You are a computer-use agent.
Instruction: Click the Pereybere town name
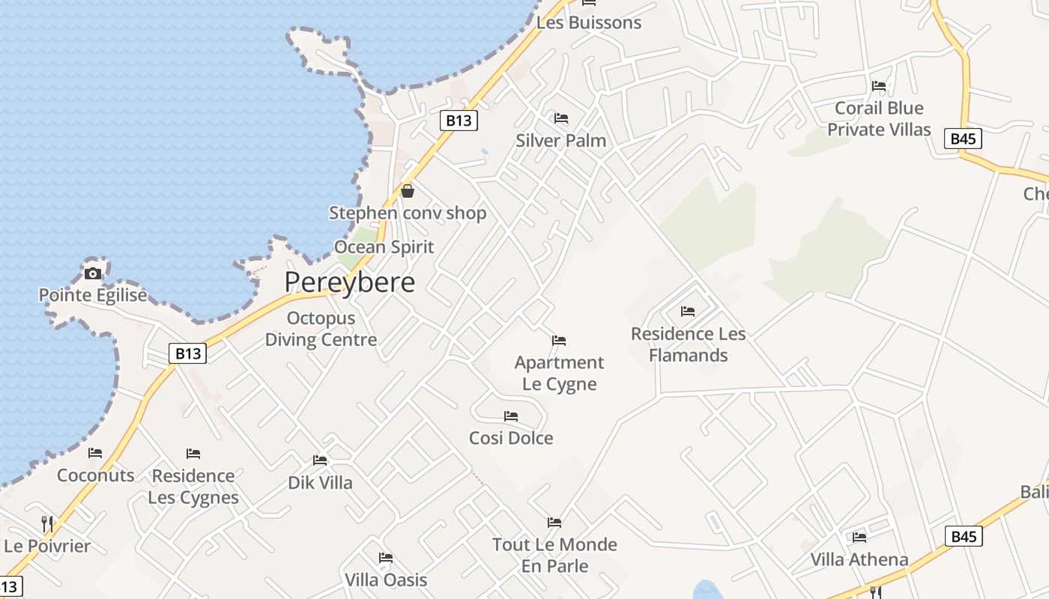349,282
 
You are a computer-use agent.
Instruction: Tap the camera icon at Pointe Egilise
93,273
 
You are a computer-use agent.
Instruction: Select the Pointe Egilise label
93,295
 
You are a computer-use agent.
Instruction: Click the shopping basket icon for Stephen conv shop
408,191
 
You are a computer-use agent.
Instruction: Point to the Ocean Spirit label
384,247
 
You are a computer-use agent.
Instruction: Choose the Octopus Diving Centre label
321,329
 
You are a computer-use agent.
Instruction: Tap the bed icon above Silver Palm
560,118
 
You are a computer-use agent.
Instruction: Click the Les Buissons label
589,22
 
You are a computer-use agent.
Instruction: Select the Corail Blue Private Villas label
879,119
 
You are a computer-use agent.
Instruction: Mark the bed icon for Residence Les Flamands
688,311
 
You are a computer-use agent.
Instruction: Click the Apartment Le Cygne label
559,373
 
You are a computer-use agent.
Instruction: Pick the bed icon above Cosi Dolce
511,416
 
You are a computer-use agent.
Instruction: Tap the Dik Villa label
320,483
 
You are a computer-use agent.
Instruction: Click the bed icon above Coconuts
95,453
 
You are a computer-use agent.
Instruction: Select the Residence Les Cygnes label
193,487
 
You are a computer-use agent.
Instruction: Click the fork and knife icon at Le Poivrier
46,523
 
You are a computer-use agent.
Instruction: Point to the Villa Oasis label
386,580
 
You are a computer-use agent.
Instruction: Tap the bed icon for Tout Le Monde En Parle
554,523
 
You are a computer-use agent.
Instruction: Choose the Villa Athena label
859,559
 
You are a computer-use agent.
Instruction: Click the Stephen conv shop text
408,213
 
